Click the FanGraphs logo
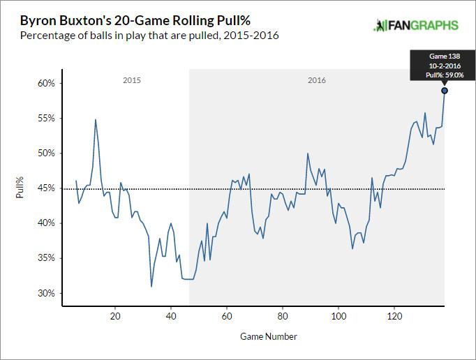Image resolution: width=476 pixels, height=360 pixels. tap(416, 25)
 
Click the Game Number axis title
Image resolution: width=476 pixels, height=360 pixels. tap(269, 336)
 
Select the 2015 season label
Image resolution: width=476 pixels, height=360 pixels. tap(132, 81)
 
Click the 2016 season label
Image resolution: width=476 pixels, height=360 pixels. tap(317, 81)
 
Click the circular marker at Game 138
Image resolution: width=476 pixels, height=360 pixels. tap(445, 91)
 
